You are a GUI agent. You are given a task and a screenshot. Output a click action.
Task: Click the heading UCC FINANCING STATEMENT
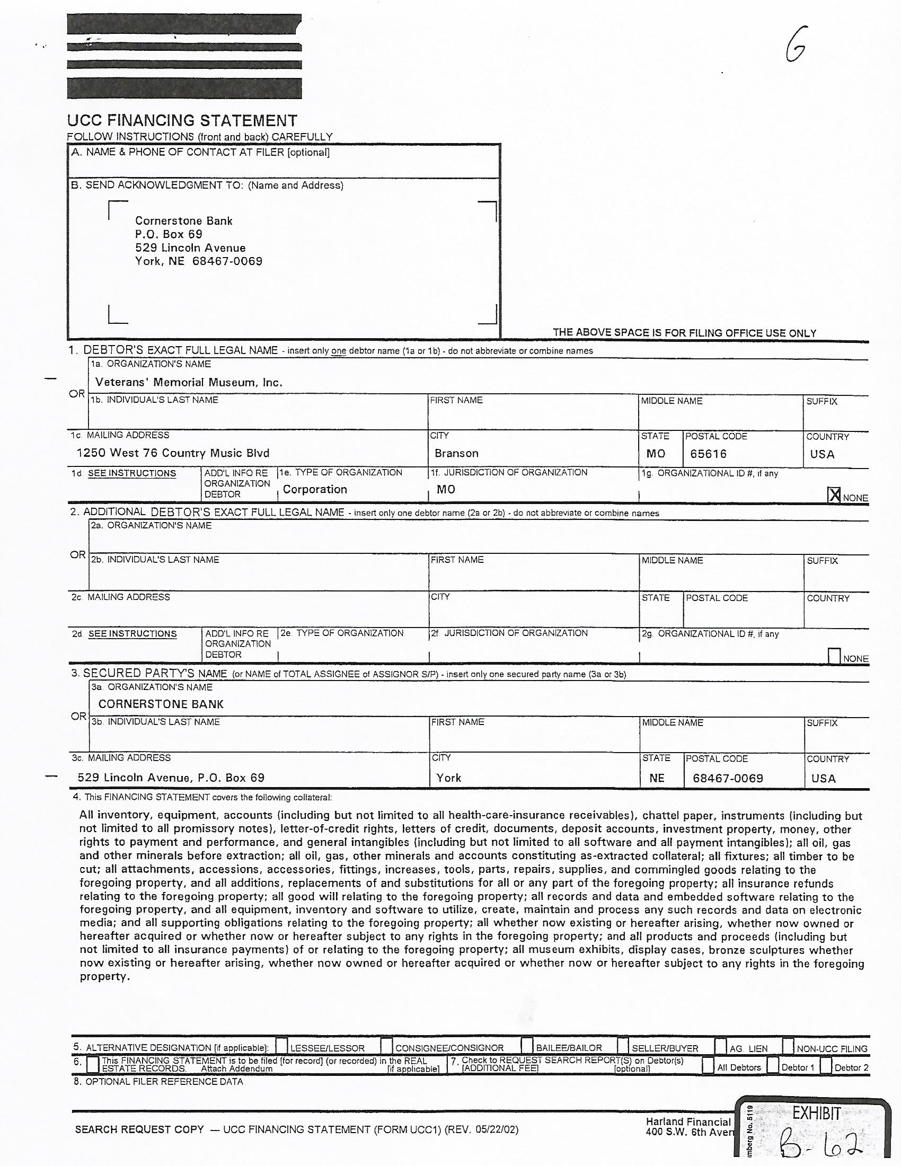182,121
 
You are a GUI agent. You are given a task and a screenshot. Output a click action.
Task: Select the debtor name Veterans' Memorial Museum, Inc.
189,382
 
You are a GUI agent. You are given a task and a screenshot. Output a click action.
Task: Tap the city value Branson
456,453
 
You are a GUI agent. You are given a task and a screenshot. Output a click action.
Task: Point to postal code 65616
708,454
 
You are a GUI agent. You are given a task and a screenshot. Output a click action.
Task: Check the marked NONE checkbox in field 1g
834,496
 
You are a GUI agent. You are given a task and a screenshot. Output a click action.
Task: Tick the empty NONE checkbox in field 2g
834,656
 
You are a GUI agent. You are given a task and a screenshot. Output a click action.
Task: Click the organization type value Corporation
315,490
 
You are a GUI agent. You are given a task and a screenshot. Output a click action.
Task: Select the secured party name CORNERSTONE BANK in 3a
161,704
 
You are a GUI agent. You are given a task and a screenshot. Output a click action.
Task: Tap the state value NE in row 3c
657,779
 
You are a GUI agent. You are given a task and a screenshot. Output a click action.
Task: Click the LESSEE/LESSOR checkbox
282,1046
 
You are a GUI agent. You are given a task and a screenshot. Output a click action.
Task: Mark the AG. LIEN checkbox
721,1046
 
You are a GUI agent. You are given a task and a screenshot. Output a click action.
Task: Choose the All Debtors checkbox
708,1066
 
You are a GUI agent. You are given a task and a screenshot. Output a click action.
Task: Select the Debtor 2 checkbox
826,1066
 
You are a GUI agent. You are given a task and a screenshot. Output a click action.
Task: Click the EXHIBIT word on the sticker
816,1114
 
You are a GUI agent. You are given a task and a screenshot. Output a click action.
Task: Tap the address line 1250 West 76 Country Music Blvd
173,453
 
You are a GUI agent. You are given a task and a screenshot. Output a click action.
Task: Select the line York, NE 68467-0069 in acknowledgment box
199,262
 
